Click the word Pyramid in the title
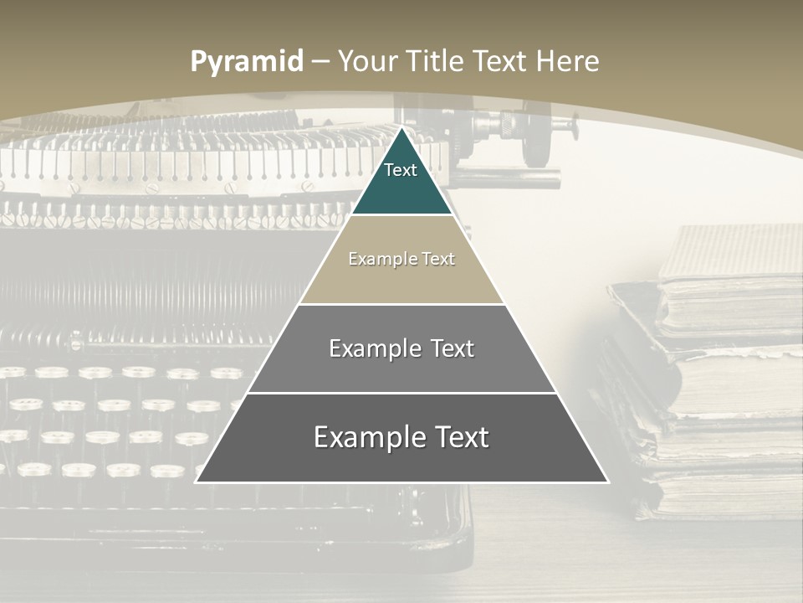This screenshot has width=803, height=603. click(246, 62)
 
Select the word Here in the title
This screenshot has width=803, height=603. click(567, 61)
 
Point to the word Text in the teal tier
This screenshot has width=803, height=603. click(401, 170)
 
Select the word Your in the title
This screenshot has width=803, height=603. click(367, 61)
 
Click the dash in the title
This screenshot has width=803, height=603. click(321, 62)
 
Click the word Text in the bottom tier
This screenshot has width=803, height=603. click(456, 437)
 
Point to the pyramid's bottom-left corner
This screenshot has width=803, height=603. click(196, 482)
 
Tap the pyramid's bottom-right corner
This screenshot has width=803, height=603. click(608, 482)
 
